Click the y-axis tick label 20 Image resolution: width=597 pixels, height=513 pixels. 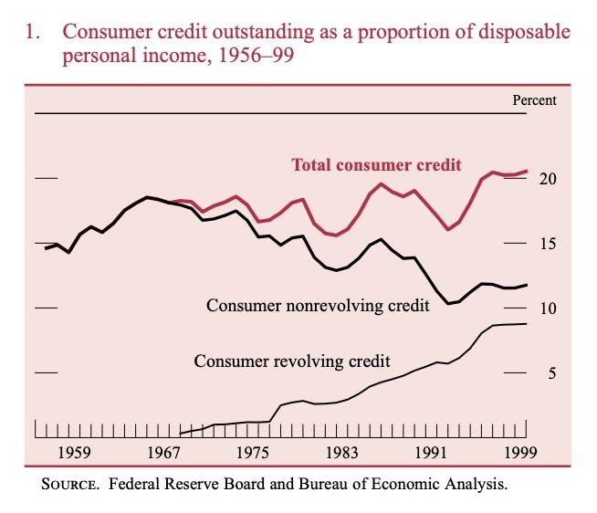click(x=546, y=179)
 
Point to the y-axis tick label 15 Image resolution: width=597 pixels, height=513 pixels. click(x=546, y=244)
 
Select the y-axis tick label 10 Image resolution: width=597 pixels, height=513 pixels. click(x=546, y=309)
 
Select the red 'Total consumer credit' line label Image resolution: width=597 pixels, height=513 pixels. click(x=375, y=165)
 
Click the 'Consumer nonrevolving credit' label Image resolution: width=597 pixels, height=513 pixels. click(x=318, y=305)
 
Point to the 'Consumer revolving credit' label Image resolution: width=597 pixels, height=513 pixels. click(x=292, y=361)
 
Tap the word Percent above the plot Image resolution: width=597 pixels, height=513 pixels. click(x=534, y=100)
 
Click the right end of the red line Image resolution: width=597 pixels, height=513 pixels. click(x=527, y=171)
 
